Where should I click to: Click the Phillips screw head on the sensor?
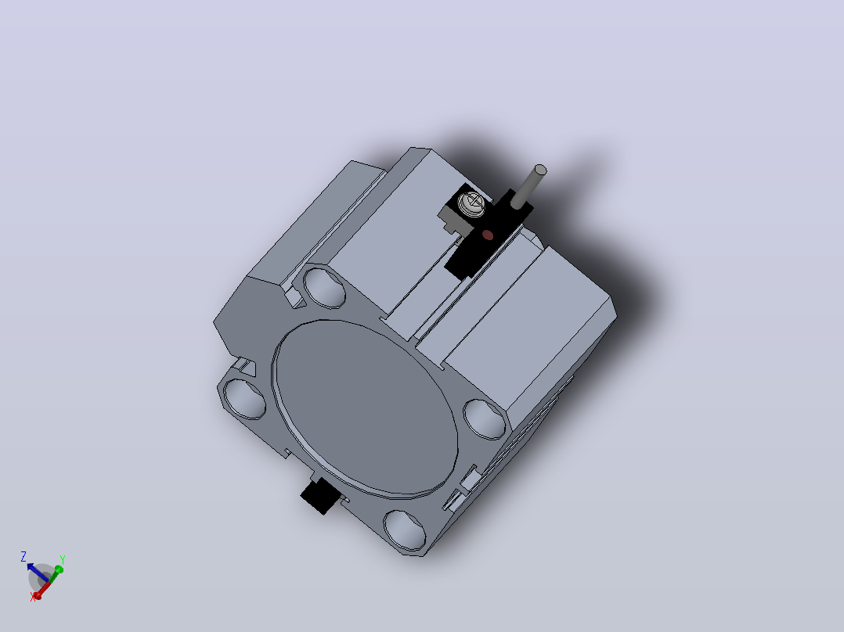(x=473, y=203)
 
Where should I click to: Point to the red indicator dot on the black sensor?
(x=488, y=235)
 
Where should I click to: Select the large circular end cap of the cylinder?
(x=366, y=408)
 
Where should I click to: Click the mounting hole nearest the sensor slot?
(x=324, y=287)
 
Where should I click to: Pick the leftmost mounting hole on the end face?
(x=244, y=399)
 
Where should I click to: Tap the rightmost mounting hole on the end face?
(x=485, y=419)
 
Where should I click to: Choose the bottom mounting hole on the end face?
(x=405, y=530)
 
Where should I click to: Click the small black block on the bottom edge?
(x=321, y=496)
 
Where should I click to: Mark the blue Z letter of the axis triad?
(x=23, y=556)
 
